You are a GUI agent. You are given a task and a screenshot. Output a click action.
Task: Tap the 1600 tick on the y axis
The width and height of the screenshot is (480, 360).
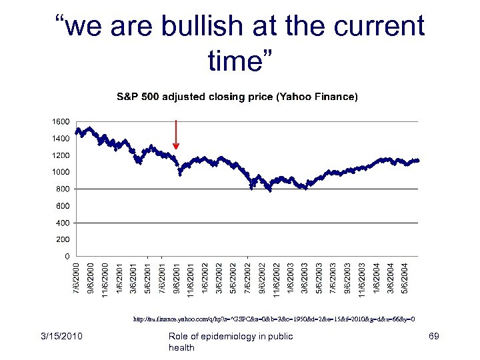pos(61,122)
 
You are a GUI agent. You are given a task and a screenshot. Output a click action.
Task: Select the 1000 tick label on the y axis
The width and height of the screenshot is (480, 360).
pos(61,172)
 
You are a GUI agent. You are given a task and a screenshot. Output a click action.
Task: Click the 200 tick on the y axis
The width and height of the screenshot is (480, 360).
pos(63,239)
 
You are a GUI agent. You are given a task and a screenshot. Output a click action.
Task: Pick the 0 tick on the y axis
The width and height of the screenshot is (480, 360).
pos(67,256)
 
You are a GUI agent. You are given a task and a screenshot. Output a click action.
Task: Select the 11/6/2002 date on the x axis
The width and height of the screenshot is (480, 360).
pos(276,280)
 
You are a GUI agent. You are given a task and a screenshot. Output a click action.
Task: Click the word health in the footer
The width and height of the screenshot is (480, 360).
pos(181,347)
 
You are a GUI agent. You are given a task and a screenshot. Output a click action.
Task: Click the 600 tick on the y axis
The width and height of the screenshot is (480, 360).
pos(63,206)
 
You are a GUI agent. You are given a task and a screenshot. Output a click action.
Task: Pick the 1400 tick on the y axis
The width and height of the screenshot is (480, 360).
pos(61,139)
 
